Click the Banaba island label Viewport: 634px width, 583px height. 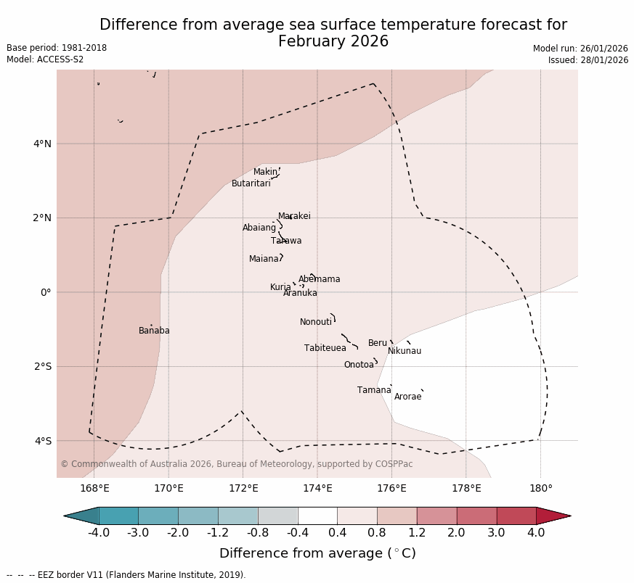coord(154,331)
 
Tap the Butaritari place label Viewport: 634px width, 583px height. coord(251,183)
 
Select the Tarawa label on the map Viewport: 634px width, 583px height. coord(286,241)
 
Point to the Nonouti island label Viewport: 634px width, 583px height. coord(316,322)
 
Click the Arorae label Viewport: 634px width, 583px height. coord(407,397)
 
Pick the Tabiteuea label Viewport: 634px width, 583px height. coord(325,348)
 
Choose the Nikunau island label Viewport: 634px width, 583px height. coord(404,351)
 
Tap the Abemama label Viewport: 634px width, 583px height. coord(319,279)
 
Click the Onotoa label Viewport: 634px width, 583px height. coord(359,365)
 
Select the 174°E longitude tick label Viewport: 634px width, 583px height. coord(317,488)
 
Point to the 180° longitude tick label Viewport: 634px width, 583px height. coord(540,488)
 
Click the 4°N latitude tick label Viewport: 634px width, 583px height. coord(43,144)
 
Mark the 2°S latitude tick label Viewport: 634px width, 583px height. coord(43,366)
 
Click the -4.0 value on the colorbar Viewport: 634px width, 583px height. coord(99,533)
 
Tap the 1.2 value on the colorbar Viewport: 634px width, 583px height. coord(417,533)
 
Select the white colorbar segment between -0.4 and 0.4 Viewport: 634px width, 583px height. coord(317,516)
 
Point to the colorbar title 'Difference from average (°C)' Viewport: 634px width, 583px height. coord(317,553)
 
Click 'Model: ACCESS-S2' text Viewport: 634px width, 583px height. coord(45,59)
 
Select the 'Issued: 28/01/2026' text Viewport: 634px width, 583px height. coord(588,60)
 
